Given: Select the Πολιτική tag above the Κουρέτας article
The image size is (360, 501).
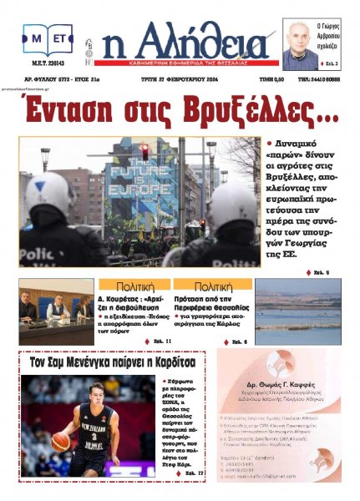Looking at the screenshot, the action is [134, 285].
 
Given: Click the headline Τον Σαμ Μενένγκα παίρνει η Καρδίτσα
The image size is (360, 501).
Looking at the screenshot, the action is [112, 364].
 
